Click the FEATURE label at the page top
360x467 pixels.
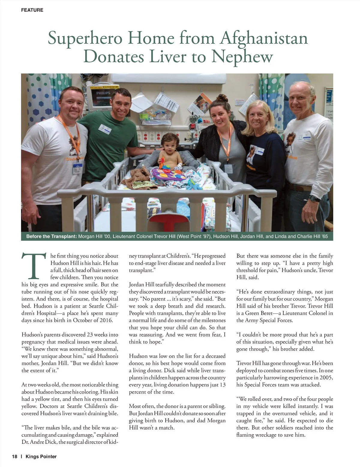click(32, 10)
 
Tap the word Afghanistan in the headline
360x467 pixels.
click(264, 38)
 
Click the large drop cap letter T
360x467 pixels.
click(34, 266)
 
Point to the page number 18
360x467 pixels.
click(15, 457)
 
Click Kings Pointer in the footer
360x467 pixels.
click(41, 457)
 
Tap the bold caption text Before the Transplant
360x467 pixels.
click(51, 236)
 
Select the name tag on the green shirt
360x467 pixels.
click(105, 128)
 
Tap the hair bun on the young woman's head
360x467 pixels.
click(222, 98)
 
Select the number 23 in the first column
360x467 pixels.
click(90, 335)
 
